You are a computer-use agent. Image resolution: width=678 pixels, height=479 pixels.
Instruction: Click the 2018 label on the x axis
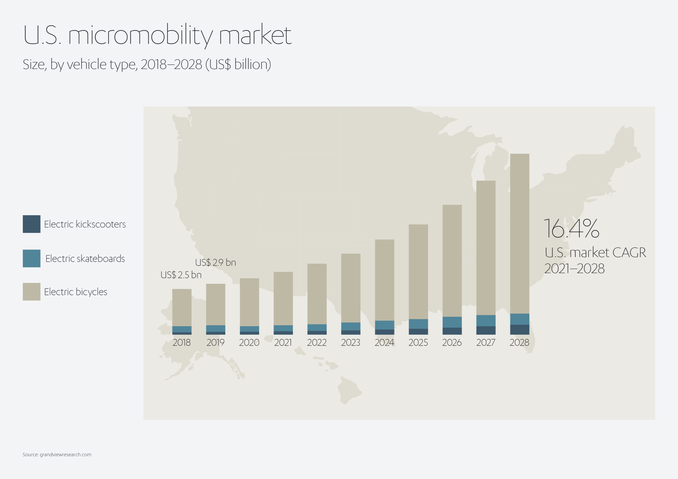point(182,343)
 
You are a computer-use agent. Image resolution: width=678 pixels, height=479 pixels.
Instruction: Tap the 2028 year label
point(519,343)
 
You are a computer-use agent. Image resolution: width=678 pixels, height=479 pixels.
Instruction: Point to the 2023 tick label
point(350,343)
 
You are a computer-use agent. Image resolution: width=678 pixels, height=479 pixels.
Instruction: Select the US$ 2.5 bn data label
point(181,275)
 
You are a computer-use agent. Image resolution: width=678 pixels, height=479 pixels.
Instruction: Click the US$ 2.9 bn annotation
point(216,262)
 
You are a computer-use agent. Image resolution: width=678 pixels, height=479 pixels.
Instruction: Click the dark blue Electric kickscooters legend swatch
point(32,224)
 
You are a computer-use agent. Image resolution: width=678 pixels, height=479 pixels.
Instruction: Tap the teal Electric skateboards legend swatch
point(32,259)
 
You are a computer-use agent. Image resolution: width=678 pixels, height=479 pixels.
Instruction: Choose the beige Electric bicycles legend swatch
point(32,292)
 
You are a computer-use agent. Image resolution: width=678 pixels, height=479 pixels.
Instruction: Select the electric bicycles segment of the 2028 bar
point(520,233)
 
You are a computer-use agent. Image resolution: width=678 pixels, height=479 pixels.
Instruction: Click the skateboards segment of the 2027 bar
point(486,320)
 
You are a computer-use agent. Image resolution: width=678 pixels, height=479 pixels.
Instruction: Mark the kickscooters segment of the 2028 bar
point(520,330)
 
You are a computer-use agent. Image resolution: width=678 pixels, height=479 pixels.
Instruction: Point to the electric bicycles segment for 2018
point(182,308)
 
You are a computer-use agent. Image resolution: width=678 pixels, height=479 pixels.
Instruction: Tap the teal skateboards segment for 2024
point(385,325)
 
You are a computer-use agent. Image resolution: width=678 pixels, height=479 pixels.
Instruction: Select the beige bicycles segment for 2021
point(283,298)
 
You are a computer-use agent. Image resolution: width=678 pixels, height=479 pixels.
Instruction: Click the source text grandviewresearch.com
point(66,454)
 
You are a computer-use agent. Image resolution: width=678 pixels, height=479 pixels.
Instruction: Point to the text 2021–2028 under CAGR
point(574,269)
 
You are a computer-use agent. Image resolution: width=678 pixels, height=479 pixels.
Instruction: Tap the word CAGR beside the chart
point(629,253)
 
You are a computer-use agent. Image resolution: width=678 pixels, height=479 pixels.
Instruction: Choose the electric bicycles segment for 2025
point(418,272)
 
